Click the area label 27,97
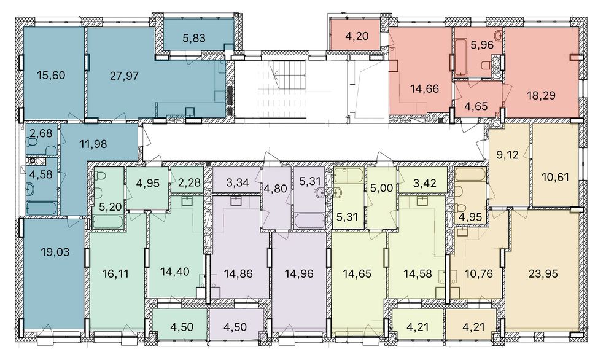pos(124,76)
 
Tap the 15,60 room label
pos(51,75)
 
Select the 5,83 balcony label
pos(194,38)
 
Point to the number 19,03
pos(55,252)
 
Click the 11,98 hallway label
pos(93,144)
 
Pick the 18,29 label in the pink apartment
pos(541,95)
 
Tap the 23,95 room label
pos(543,273)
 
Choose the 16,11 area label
pos(115,273)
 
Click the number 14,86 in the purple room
pos(238,273)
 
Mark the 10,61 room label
pos(555,178)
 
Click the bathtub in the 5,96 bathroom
pos(461,57)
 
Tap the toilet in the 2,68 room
pos(51,151)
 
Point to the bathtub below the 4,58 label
pos(41,208)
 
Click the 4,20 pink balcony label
pos(357,36)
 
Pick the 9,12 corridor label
pos(508,155)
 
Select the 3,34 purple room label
pos(238,182)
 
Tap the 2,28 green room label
pos(189,182)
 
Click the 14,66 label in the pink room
pos(424,89)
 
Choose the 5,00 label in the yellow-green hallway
pos(381,189)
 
